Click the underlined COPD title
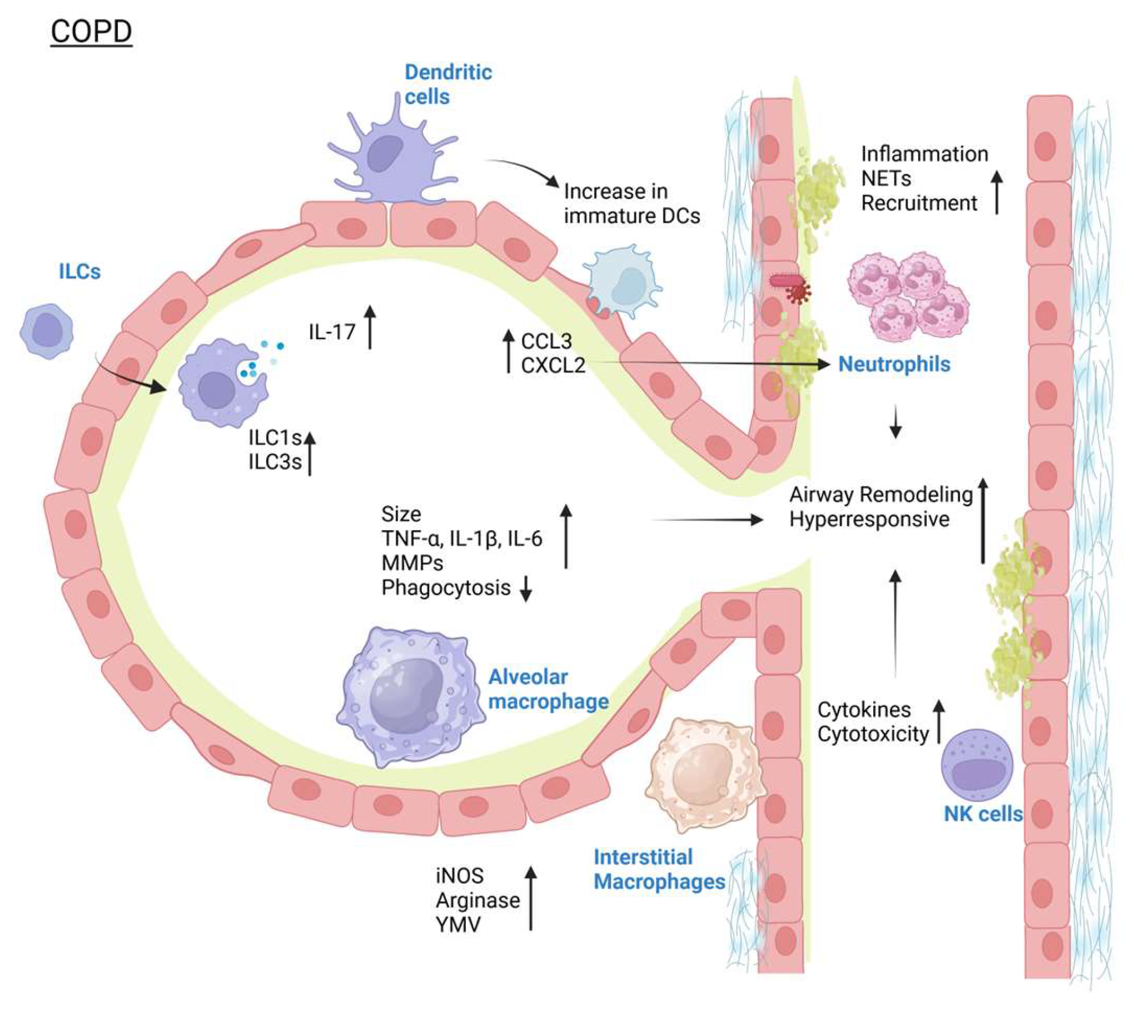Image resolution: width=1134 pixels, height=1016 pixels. (91, 32)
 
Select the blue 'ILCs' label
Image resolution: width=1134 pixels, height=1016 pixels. (79, 272)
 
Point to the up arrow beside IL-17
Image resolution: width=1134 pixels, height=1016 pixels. (370, 327)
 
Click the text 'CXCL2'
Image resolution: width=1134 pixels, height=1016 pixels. (553, 366)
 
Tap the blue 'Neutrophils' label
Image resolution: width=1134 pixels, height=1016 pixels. (894, 365)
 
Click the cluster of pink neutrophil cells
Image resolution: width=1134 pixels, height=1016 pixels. (907, 296)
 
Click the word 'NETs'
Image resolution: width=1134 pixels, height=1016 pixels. (886, 178)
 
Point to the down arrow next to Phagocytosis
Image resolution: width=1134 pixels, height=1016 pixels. (525, 589)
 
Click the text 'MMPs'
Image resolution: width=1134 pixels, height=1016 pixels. (412, 563)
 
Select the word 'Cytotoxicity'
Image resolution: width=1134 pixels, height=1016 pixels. (873, 734)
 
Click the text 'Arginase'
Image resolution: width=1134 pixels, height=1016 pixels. (478, 900)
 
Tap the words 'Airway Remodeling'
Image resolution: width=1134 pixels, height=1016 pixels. (881, 495)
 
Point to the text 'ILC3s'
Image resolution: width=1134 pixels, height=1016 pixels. (275, 462)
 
